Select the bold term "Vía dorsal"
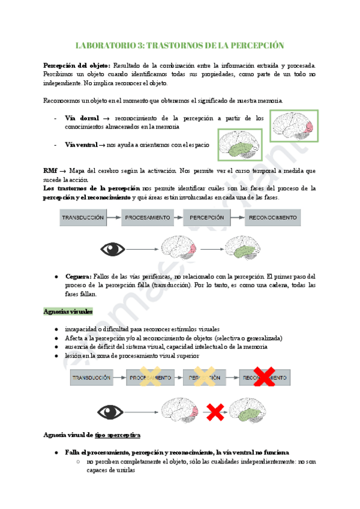(x=82, y=118)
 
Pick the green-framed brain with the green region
(x=239, y=146)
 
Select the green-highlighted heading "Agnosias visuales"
(x=68, y=312)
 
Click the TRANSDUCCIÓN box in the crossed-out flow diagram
(x=91, y=378)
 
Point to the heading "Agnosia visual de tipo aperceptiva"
(x=92, y=435)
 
